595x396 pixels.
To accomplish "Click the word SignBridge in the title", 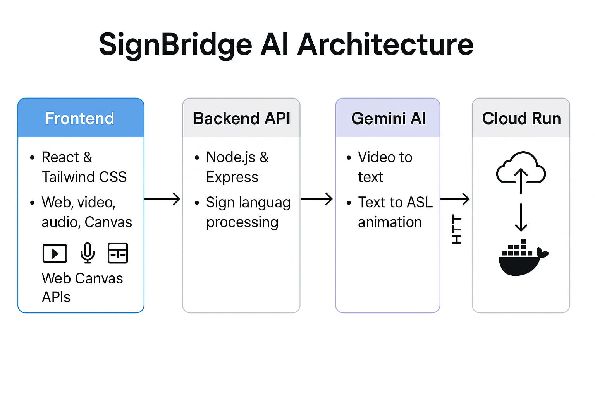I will coord(175,45).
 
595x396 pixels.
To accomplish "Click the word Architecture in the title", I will coord(385,44).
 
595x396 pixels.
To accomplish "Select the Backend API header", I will coord(241,118).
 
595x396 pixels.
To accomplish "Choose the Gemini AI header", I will coord(388,118).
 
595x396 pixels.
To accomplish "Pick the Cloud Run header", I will coord(521,118).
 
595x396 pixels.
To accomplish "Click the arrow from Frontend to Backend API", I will coord(162,199).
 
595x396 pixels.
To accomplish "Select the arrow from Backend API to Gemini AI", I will coord(316,199).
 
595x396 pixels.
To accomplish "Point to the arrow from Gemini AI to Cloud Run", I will coord(455,199).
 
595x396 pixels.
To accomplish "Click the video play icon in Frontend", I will coord(55,254).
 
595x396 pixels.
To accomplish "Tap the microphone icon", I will coord(88,253).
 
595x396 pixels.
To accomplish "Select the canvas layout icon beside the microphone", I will coord(118,253).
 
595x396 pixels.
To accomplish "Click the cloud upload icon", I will coord(521,170).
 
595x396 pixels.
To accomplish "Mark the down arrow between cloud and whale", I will coord(521,217).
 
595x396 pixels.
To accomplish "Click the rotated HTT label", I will coord(457,230).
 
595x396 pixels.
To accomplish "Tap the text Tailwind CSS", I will coord(84,177).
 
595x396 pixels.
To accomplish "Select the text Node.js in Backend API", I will coord(230,157).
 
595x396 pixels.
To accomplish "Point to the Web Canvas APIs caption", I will coord(82,287).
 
